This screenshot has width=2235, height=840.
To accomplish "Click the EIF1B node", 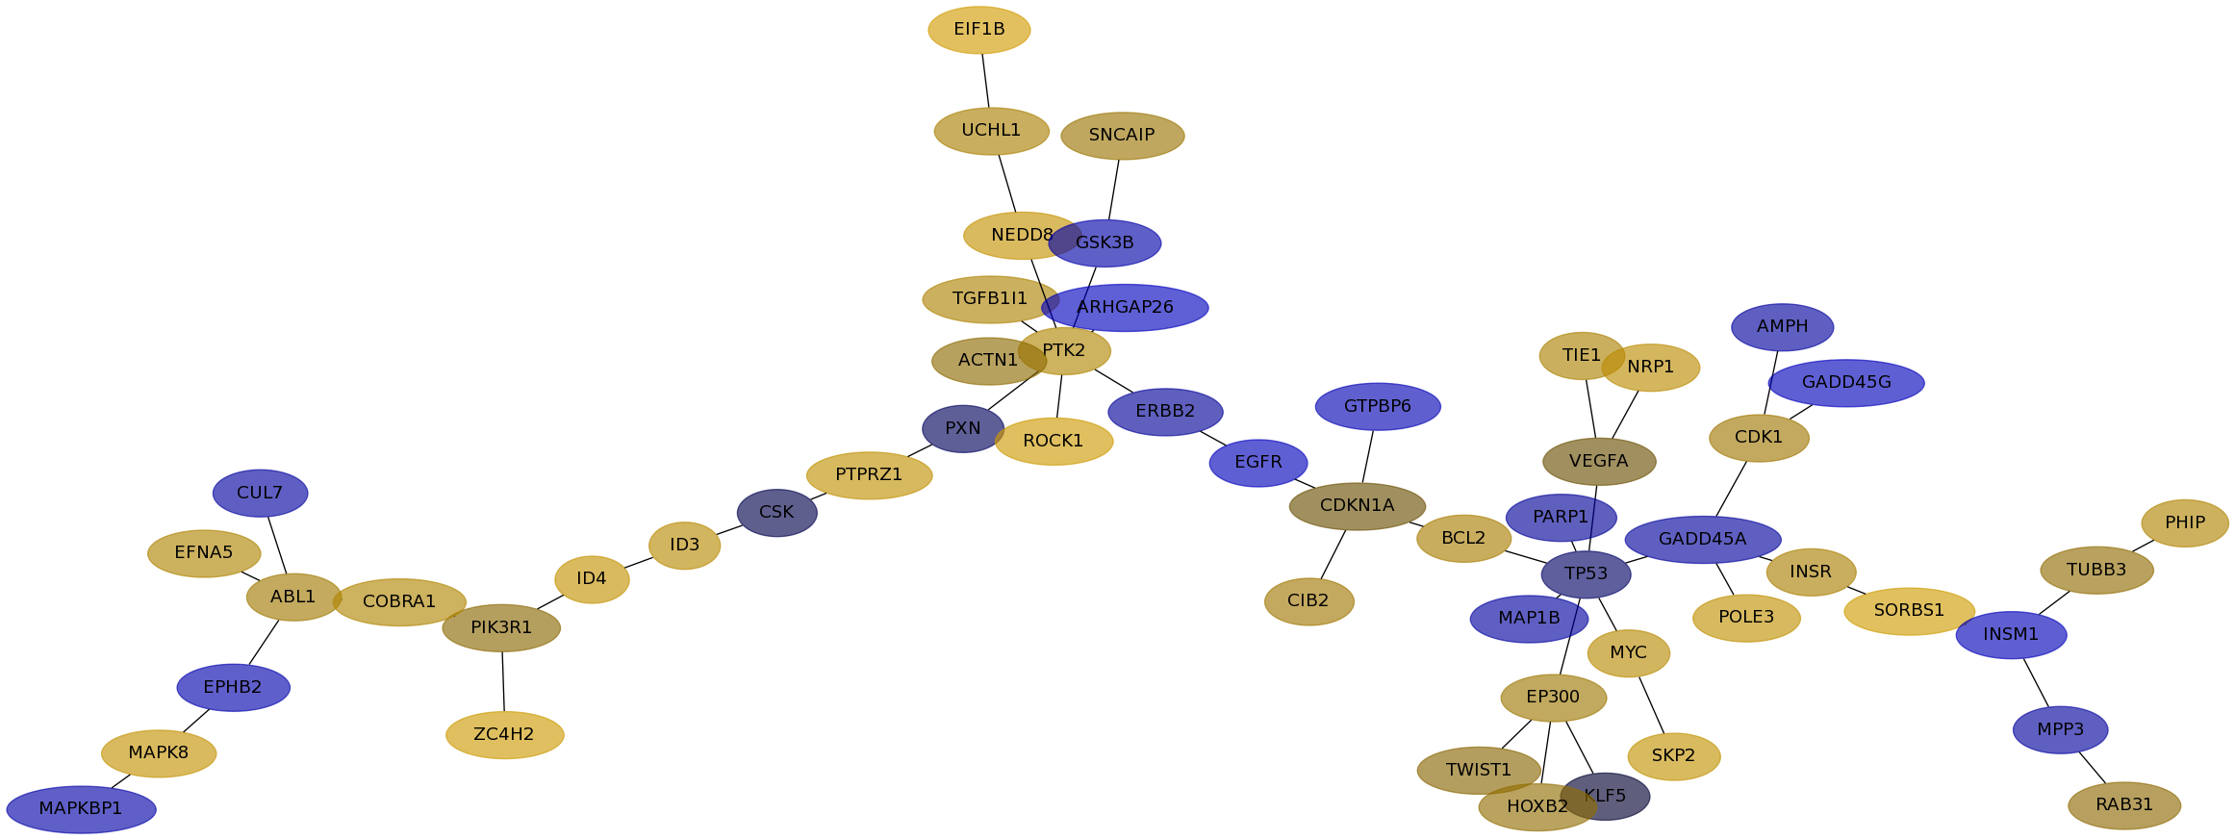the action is pyautogui.click(x=978, y=30).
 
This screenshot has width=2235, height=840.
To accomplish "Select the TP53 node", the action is pyautogui.click(x=1586, y=574).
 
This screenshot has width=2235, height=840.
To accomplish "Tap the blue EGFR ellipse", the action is pyautogui.click(x=1257, y=463).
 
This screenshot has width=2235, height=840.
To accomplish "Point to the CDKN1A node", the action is pyautogui.click(x=1357, y=506).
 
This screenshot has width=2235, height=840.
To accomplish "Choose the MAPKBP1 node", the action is pyautogui.click(x=81, y=809).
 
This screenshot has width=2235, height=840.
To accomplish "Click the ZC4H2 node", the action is pyautogui.click(x=504, y=735).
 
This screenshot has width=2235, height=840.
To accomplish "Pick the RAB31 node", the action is pyautogui.click(x=2123, y=805).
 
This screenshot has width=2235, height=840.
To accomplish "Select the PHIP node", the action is pyautogui.click(x=2184, y=523).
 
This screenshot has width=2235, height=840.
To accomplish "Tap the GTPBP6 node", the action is pyautogui.click(x=1377, y=407).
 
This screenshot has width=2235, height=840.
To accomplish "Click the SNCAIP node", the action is pyautogui.click(x=1122, y=136).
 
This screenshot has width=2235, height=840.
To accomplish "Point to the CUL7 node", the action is pyautogui.click(x=260, y=494).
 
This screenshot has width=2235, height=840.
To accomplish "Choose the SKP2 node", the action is pyautogui.click(x=1673, y=756).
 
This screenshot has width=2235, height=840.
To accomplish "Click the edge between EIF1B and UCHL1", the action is pyautogui.click(x=985, y=81).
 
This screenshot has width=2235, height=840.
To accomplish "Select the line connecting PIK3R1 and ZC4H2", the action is pyautogui.click(x=503, y=681).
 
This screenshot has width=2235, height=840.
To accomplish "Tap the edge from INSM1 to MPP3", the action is pyautogui.click(x=2036, y=683).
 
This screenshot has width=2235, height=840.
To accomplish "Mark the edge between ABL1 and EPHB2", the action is pyautogui.click(x=264, y=643).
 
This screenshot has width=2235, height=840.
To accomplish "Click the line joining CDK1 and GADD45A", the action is pyautogui.click(x=1731, y=489).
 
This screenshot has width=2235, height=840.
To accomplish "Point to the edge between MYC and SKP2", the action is pyautogui.click(x=1651, y=705).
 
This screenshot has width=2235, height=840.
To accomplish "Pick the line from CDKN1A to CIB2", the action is pyautogui.click(x=1333, y=555).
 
